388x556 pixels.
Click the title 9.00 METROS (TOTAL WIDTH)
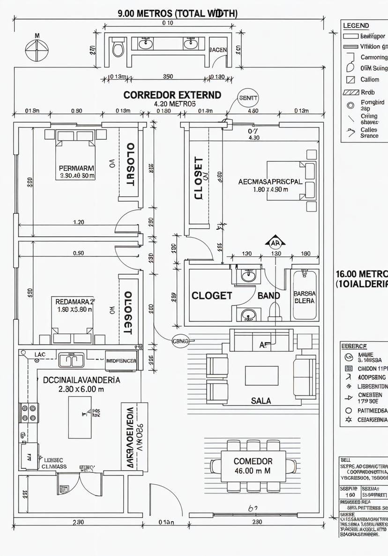[x=178, y=13]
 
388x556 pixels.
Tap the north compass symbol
[x=37, y=49]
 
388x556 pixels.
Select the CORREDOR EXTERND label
[x=172, y=95]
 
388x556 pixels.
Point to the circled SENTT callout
[x=248, y=98]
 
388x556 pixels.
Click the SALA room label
[x=261, y=401]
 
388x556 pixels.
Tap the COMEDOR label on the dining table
[x=253, y=461]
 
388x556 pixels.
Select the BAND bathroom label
[x=269, y=296]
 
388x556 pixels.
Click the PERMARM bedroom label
[x=77, y=168]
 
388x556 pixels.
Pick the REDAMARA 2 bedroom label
[x=75, y=301]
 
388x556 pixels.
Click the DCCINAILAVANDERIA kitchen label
[x=82, y=380]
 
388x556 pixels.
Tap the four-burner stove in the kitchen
[x=29, y=413]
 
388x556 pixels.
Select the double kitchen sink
[x=71, y=360]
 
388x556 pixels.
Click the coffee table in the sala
[x=261, y=375]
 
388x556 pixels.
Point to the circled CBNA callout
[x=181, y=341]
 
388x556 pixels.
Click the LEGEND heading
[x=356, y=26]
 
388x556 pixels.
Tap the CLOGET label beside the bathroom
[x=212, y=296]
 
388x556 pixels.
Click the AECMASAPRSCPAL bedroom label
[x=270, y=182]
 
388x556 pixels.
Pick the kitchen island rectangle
[x=80, y=417]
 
